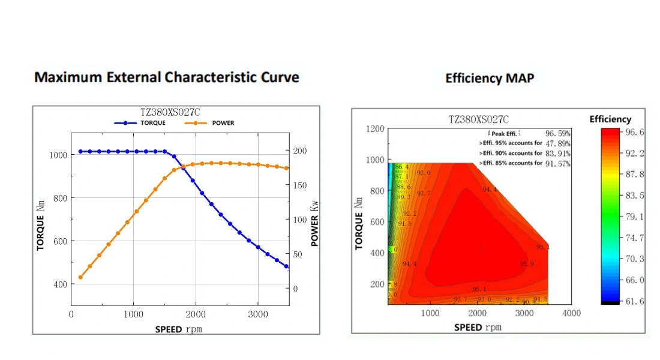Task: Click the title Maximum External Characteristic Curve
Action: (166, 77)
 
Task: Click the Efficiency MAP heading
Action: (490, 78)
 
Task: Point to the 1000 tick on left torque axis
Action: (58, 155)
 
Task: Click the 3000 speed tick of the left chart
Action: (258, 314)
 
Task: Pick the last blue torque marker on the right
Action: (286, 266)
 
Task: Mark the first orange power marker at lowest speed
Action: (80, 277)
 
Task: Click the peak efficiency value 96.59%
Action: (557, 133)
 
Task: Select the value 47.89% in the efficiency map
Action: (557, 143)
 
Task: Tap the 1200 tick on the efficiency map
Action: (374, 129)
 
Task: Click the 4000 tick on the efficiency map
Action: (571, 313)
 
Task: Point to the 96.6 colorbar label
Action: (635, 132)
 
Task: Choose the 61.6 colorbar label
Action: (635, 301)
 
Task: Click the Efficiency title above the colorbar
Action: (610, 119)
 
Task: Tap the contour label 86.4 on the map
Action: (401, 167)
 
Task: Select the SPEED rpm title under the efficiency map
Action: (478, 328)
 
